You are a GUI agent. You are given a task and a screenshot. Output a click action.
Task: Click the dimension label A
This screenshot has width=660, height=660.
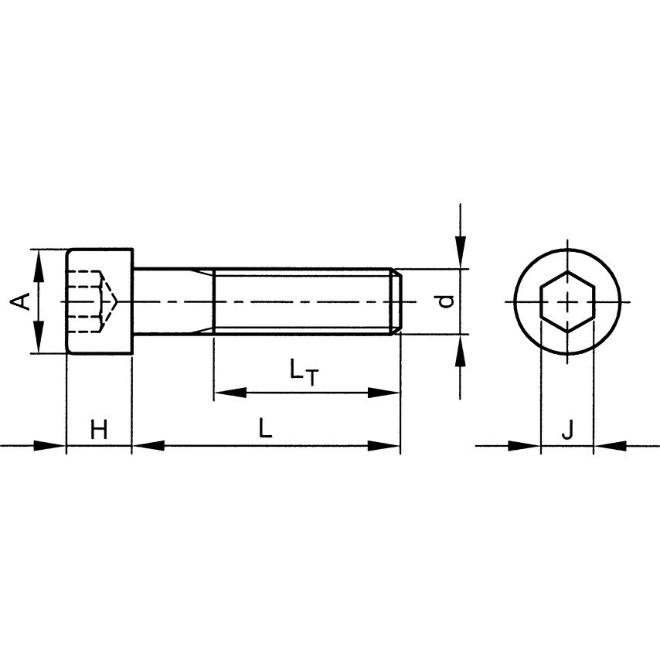[x=24, y=301]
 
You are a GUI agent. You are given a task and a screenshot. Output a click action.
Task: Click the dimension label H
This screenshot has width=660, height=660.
[x=99, y=430]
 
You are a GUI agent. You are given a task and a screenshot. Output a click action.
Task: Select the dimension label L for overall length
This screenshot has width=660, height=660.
[x=265, y=429]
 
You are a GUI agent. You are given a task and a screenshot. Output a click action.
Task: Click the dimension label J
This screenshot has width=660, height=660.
[x=566, y=430]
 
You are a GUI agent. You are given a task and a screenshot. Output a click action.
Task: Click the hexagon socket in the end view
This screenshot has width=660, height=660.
[x=567, y=301]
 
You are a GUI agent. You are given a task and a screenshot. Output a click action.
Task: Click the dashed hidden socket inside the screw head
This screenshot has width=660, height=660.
[x=89, y=301]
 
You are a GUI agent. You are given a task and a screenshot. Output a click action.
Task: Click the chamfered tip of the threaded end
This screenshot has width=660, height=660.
[x=396, y=301]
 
